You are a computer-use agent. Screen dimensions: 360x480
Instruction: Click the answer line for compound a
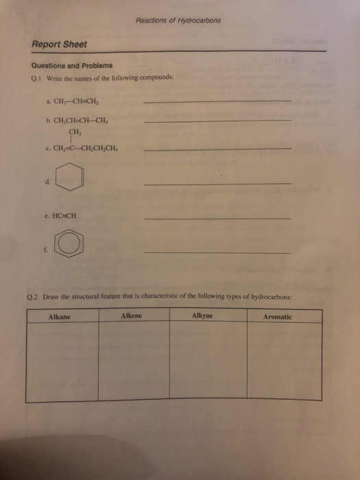(218, 101)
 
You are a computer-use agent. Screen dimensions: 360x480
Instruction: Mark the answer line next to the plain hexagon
(218, 183)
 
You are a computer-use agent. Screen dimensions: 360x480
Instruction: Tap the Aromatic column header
(278, 317)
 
